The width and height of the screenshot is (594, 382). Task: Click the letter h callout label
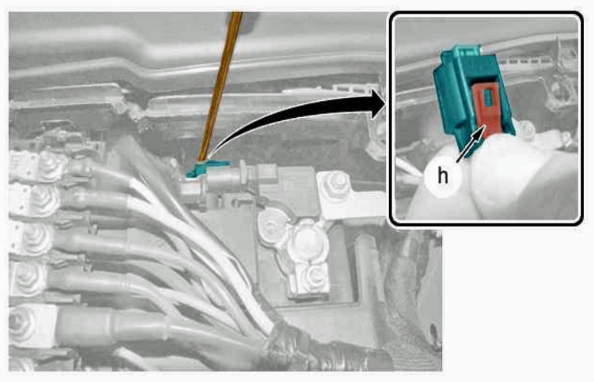tap(442, 175)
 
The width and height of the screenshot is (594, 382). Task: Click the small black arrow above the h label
tap(471, 144)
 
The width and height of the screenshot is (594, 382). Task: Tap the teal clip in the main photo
tap(206, 168)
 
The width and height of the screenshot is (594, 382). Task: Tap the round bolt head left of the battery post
tap(271, 227)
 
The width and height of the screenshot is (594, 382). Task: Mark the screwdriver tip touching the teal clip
tap(201, 160)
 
